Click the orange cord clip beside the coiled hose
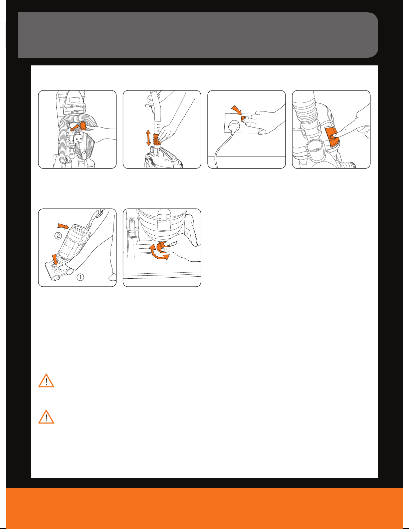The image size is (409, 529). pos(83,126)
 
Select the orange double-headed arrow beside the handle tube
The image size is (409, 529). pos(148,138)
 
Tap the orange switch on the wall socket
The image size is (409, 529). pos(243,119)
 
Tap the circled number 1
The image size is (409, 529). pos(80,277)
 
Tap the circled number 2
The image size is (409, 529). pos(58,236)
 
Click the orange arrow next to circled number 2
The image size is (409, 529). pos(63,226)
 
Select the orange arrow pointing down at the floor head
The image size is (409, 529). pos(55,259)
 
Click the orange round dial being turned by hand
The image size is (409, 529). pos(162,247)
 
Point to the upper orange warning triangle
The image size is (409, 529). pos(46,381)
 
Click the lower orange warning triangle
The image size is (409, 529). pos(46,417)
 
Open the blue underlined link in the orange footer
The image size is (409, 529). pos(66,526)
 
